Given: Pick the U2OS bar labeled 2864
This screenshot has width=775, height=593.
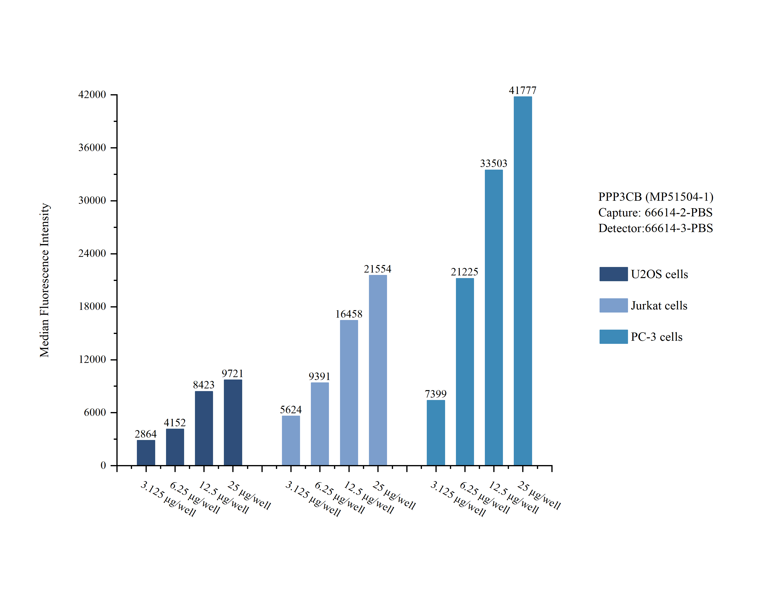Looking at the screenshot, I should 146,453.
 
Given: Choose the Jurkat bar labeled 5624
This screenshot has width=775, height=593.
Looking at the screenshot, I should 291,440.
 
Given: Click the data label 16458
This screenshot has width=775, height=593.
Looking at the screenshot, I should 349,314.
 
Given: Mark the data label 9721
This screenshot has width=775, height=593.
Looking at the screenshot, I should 233,373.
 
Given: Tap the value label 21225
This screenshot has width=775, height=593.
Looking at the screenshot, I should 464,272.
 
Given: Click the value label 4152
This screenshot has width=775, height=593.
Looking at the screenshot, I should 175,422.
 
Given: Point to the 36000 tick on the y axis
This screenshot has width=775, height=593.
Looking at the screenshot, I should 92,147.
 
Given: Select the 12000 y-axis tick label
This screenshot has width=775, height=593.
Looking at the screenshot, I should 92,359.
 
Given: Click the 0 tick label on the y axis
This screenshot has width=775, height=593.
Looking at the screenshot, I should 103,465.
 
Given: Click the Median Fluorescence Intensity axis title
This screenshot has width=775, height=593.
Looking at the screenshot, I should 45,280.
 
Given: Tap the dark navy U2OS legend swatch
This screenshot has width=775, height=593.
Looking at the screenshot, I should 613,274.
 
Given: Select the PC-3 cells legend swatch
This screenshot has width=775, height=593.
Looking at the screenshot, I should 613,337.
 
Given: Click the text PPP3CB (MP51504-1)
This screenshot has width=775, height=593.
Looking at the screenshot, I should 656,197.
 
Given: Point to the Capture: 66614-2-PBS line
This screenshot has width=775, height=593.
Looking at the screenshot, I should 655,213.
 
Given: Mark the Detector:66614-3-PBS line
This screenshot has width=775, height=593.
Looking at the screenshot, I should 656,228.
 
